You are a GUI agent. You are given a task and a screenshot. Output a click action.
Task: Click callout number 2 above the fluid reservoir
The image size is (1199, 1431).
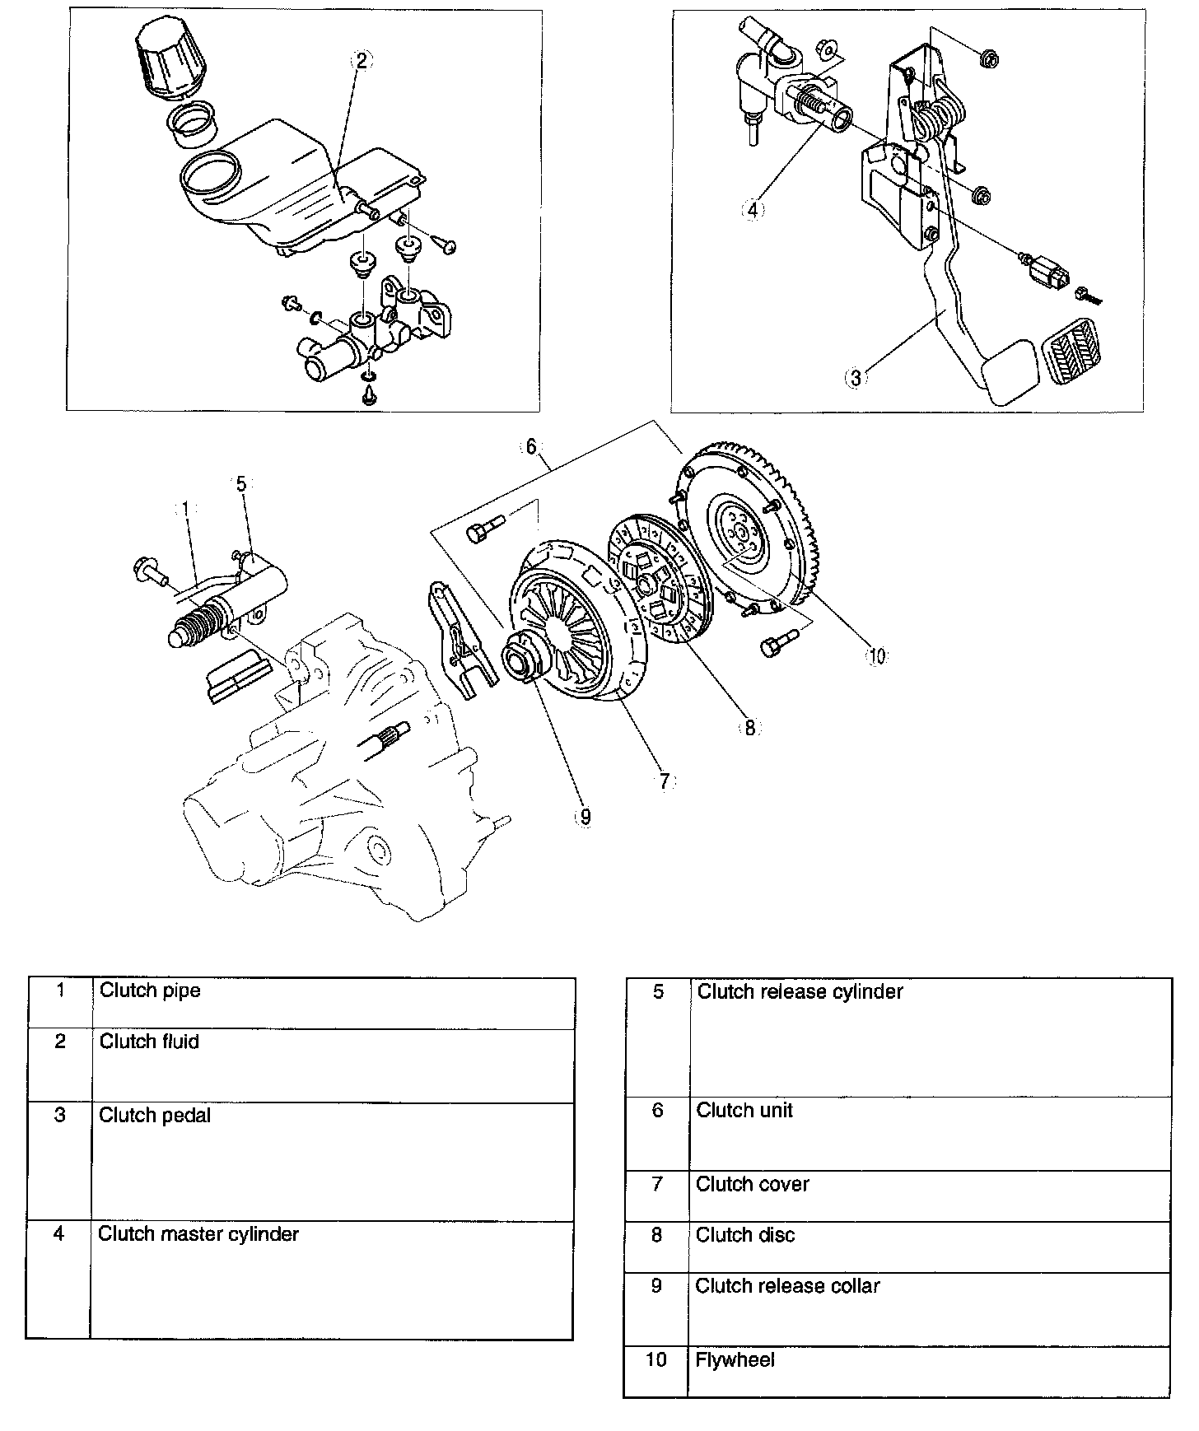click(362, 60)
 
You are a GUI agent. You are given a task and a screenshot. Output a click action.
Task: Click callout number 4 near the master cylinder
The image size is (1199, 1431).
click(752, 209)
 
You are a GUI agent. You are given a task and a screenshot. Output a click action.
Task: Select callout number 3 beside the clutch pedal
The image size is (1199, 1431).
click(856, 377)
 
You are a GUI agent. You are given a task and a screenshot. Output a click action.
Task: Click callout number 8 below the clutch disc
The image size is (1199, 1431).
click(749, 728)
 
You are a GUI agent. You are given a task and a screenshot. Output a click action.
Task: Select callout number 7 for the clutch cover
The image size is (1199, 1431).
click(665, 781)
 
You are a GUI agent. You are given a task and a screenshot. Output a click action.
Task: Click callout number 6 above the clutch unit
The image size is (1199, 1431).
click(531, 446)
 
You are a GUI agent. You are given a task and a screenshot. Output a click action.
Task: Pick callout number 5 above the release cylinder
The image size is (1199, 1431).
click(241, 483)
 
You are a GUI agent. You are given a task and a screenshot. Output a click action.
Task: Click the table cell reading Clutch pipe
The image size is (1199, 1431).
click(150, 990)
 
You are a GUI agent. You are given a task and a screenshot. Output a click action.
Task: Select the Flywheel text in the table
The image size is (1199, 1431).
click(735, 1359)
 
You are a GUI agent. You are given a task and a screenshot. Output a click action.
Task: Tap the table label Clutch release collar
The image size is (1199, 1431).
click(787, 1285)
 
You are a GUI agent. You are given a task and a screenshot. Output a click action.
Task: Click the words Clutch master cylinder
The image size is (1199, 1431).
click(198, 1233)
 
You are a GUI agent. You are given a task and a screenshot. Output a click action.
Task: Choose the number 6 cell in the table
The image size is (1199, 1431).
click(657, 1110)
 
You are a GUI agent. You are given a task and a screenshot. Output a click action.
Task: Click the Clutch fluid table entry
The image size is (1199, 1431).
click(149, 1042)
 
